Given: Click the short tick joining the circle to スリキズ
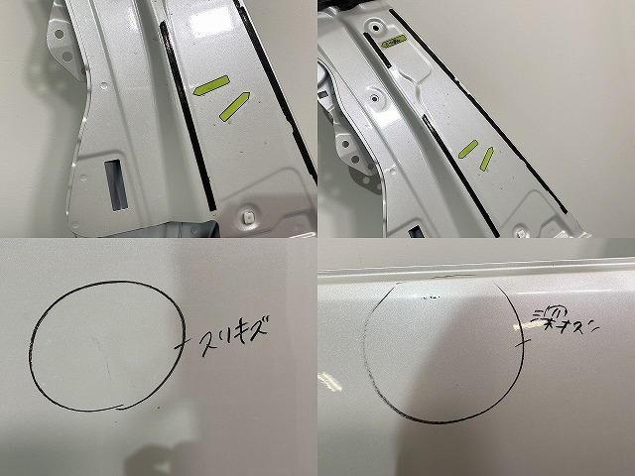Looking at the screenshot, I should click(182, 343).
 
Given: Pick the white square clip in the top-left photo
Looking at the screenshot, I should click(248, 215).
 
